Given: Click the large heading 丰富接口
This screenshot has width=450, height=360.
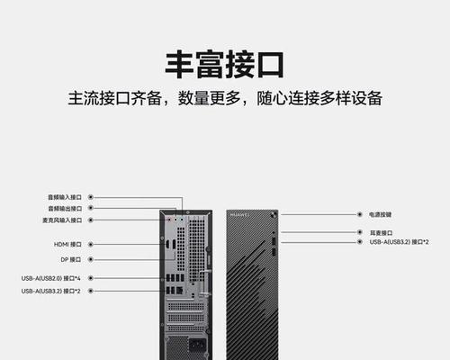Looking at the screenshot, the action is pyautogui.click(x=224, y=65).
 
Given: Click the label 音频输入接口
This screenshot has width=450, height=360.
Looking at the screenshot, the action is pyautogui.click(x=65, y=197).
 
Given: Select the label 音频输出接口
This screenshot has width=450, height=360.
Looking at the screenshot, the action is pyautogui.click(x=65, y=208).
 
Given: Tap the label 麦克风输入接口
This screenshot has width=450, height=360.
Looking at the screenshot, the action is pyautogui.click(x=62, y=220).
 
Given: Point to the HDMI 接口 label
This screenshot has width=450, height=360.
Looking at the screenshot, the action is pyautogui.click(x=67, y=245).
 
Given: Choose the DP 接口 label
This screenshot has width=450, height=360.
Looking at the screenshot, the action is pyautogui.click(x=71, y=259).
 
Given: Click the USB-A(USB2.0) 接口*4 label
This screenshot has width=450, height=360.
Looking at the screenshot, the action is pyautogui.click(x=50, y=278).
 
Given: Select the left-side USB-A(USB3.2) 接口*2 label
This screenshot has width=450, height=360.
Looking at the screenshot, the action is pyautogui.click(x=50, y=291).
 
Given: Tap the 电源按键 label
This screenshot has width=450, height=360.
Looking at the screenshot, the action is pyautogui.click(x=380, y=214).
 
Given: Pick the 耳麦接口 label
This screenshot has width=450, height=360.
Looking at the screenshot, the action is pyautogui.click(x=381, y=233).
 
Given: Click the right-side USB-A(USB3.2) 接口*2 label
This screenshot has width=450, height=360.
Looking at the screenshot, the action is pyautogui.click(x=399, y=242).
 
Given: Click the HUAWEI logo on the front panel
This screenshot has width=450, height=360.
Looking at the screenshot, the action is pyautogui.click(x=239, y=215).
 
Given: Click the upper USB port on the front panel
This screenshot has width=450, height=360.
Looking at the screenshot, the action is pyautogui.click(x=274, y=241).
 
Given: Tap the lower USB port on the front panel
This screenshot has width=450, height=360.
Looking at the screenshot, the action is pyautogui.click(x=274, y=252).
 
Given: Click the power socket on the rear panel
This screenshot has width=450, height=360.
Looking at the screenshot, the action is pyautogui.click(x=198, y=346).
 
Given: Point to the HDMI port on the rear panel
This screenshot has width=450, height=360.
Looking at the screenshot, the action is pyautogui.click(x=167, y=245).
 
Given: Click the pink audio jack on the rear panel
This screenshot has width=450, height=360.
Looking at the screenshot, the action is pyautogui.click(x=169, y=220).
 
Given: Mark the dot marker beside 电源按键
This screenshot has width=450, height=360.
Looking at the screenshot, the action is pyautogui.click(x=360, y=214).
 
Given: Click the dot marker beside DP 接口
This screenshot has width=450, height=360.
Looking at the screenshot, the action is pyautogui.click(x=91, y=259).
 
